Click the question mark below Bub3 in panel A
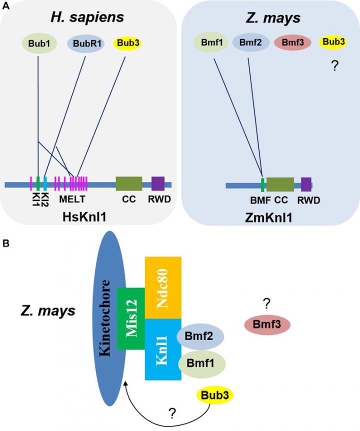point(334,65)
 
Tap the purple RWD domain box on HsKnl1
point(158,183)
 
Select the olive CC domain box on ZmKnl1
point(280,184)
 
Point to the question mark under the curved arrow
point(172,413)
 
